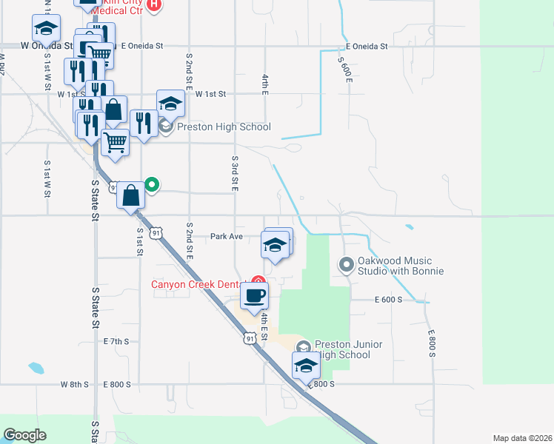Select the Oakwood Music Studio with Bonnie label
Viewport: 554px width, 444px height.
(x=401, y=266)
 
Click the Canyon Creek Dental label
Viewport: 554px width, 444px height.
(x=196, y=285)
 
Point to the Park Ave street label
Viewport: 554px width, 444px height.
(x=227, y=237)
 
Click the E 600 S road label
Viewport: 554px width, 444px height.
(x=388, y=299)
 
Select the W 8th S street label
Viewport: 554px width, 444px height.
(x=74, y=385)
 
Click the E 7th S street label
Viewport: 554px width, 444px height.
(x=116, y=341)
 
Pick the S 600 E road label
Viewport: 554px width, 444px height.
(x=343, y=70)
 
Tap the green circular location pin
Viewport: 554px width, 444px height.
(x=152, y=184)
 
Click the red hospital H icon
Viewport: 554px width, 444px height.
(x=154, y=4)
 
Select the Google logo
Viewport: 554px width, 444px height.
(x=25, y=435)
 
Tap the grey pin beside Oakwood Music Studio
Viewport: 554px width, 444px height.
(x=346, y=263)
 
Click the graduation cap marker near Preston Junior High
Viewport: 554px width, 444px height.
(x=306, y=365)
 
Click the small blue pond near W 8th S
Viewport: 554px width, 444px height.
(x=36, y=367)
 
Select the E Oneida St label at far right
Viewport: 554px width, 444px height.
(x=366, y=46)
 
